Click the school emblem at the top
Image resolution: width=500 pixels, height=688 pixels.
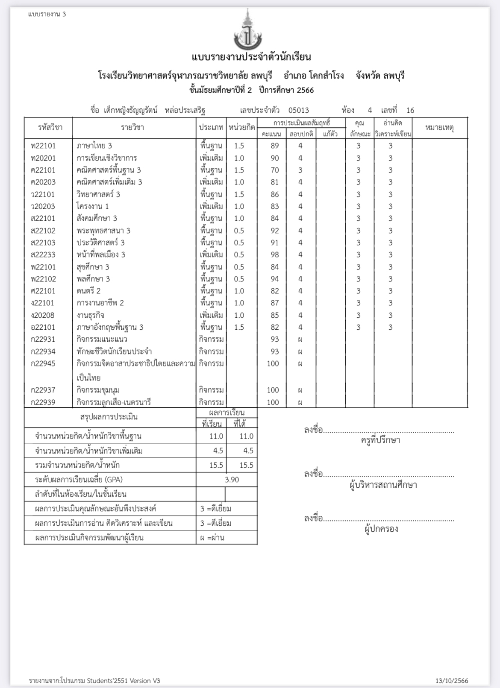[x=248, y=31]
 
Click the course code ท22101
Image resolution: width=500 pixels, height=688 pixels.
[x=43, y=146]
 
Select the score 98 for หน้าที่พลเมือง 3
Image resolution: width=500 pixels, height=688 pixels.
[x=274, y=255]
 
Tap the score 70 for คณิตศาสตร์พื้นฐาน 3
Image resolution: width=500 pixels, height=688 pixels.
[x=274, y=170]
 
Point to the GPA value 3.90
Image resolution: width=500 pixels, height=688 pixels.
[x=232, y=480]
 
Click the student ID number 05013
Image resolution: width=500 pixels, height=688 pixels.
[x=298, y=110]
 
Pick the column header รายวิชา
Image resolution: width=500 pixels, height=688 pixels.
[x=132, y=127]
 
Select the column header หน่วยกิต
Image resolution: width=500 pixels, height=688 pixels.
[x=241, y=127]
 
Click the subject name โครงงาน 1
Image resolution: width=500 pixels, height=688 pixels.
[x=93, y=206]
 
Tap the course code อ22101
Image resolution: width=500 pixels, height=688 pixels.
[x=43, y=327]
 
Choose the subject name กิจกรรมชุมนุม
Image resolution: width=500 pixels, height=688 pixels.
[x=98, y=390]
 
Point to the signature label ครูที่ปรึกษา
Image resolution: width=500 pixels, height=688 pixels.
[x=380, y=440]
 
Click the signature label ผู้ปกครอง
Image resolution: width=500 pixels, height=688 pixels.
[x=381, y=529]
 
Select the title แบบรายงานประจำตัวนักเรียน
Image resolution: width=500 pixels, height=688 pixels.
[x=251, y=57]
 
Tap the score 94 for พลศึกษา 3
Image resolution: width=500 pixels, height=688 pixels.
[x=274, y=279]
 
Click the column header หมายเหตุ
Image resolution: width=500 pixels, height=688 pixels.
[x=439, y=127]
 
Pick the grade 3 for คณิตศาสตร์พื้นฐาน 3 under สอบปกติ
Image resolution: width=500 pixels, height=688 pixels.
[x=300, y=170]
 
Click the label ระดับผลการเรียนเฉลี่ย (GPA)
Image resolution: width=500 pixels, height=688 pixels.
[x=79, y=480]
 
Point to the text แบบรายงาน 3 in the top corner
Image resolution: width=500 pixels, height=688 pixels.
[x=47, y=14]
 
